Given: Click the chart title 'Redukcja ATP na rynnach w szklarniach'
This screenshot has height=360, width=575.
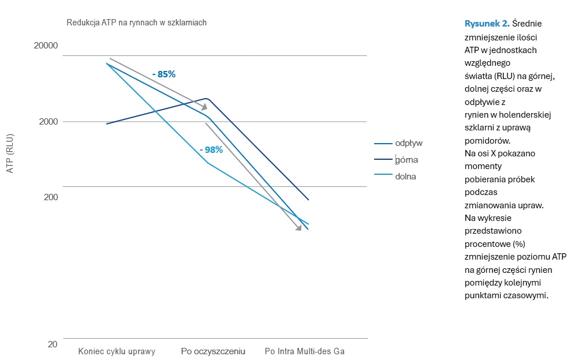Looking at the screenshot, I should point(137,22).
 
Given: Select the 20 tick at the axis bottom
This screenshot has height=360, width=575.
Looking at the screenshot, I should point(52,344).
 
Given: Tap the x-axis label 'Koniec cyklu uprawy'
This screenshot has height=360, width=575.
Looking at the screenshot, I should point(117,351).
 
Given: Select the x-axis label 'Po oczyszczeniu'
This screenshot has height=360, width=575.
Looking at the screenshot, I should point(213,351).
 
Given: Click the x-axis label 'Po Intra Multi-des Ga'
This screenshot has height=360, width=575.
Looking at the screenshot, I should point(305,351).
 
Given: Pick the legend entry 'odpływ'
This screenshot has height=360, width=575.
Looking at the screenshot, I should point(409,143).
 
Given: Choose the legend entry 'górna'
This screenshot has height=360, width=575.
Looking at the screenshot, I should point(406,160).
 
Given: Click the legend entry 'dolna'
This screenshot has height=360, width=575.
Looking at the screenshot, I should point(405,177).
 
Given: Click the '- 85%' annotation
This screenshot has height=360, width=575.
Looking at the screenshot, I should point(163,74).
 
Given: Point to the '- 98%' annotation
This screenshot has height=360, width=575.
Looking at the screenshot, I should point(211,149).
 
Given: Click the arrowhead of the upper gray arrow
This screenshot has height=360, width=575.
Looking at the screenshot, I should point(204,107).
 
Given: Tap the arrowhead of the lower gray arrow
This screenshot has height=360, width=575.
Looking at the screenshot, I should point(298,228).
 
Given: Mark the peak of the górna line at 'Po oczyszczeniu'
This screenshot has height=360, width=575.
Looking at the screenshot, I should point(207,99).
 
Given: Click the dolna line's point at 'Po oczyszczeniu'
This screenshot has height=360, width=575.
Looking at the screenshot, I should point(207,163).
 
